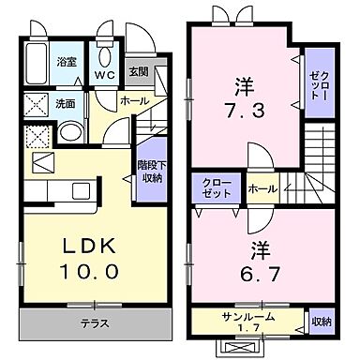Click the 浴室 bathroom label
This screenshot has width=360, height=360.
66,62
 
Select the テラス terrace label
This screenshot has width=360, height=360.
94,323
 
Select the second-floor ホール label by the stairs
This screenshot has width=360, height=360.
262,188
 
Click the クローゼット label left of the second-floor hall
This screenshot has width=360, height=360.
217,187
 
